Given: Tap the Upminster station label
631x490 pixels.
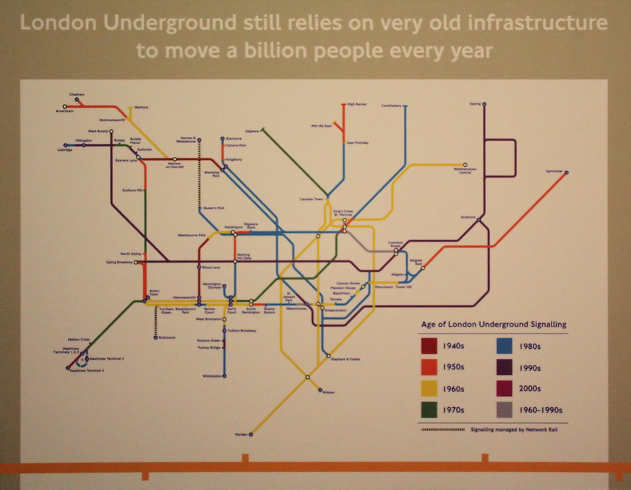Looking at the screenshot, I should tap(554, 171).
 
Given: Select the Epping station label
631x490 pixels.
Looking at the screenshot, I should tap(475, 104).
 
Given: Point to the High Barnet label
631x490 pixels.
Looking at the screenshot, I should tap(357, 105).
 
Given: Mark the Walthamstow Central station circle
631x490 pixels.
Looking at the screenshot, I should tap(465, 164).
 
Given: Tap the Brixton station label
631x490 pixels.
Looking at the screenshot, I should tap(328, 392).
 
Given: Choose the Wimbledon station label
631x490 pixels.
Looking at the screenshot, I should tap(213, 375).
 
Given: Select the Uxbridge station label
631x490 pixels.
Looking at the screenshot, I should tap(64, 150).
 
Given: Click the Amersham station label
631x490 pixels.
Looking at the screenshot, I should tap(64, 111).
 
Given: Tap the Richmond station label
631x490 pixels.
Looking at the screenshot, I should tap(167, 337).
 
